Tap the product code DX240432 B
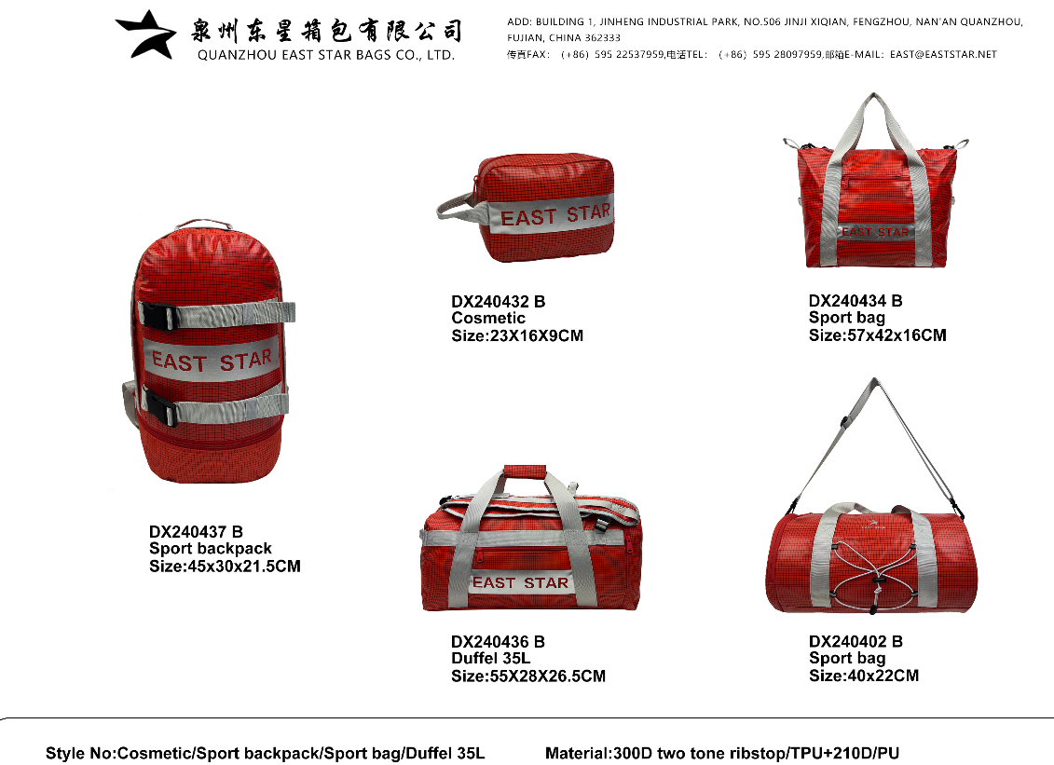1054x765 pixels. click(498, 302)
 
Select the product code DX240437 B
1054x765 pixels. click(196, 532)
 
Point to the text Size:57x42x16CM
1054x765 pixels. click(877, 335)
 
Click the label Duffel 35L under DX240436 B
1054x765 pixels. click(490, 659)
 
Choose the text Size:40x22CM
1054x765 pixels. click(863, 676)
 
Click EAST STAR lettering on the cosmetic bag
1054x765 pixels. click(555, 215)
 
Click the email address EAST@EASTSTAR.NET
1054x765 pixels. click(943, 55)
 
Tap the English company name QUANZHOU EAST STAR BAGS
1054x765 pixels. click(325, 55)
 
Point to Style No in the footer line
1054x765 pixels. click(78, 753)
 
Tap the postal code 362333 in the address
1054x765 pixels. click(603, 38)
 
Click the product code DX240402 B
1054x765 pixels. click(856, 641)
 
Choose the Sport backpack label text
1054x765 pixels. click(211, 549)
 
